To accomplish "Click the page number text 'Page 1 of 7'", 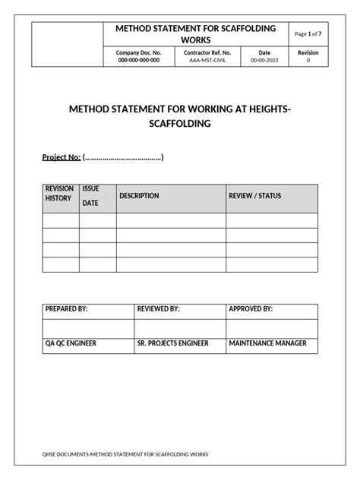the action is pos(308,34).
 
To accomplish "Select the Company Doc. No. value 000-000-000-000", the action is pos(138,60).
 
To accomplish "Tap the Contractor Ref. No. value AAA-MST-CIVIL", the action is pos(207,60).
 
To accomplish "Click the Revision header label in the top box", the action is pos(308,52).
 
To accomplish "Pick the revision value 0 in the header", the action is pos(308,60).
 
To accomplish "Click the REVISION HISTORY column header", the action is pos(58,194).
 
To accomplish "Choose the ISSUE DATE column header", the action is pos(90,196).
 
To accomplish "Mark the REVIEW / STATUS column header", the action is pos(254,196).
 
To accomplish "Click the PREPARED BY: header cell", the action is pos(67,310).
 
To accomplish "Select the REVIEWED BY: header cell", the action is pos(158,310).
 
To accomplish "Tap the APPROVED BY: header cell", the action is pos(251,310).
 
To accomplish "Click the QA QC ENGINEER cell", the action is pos(71,343).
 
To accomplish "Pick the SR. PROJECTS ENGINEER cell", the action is pos(172,343).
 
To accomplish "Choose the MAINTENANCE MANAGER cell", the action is pos(267,343).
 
